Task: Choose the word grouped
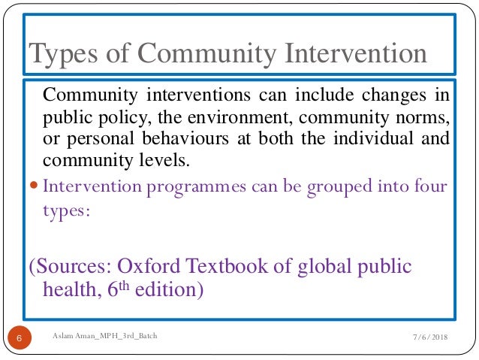pyautogui.click(x=330, y=186)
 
